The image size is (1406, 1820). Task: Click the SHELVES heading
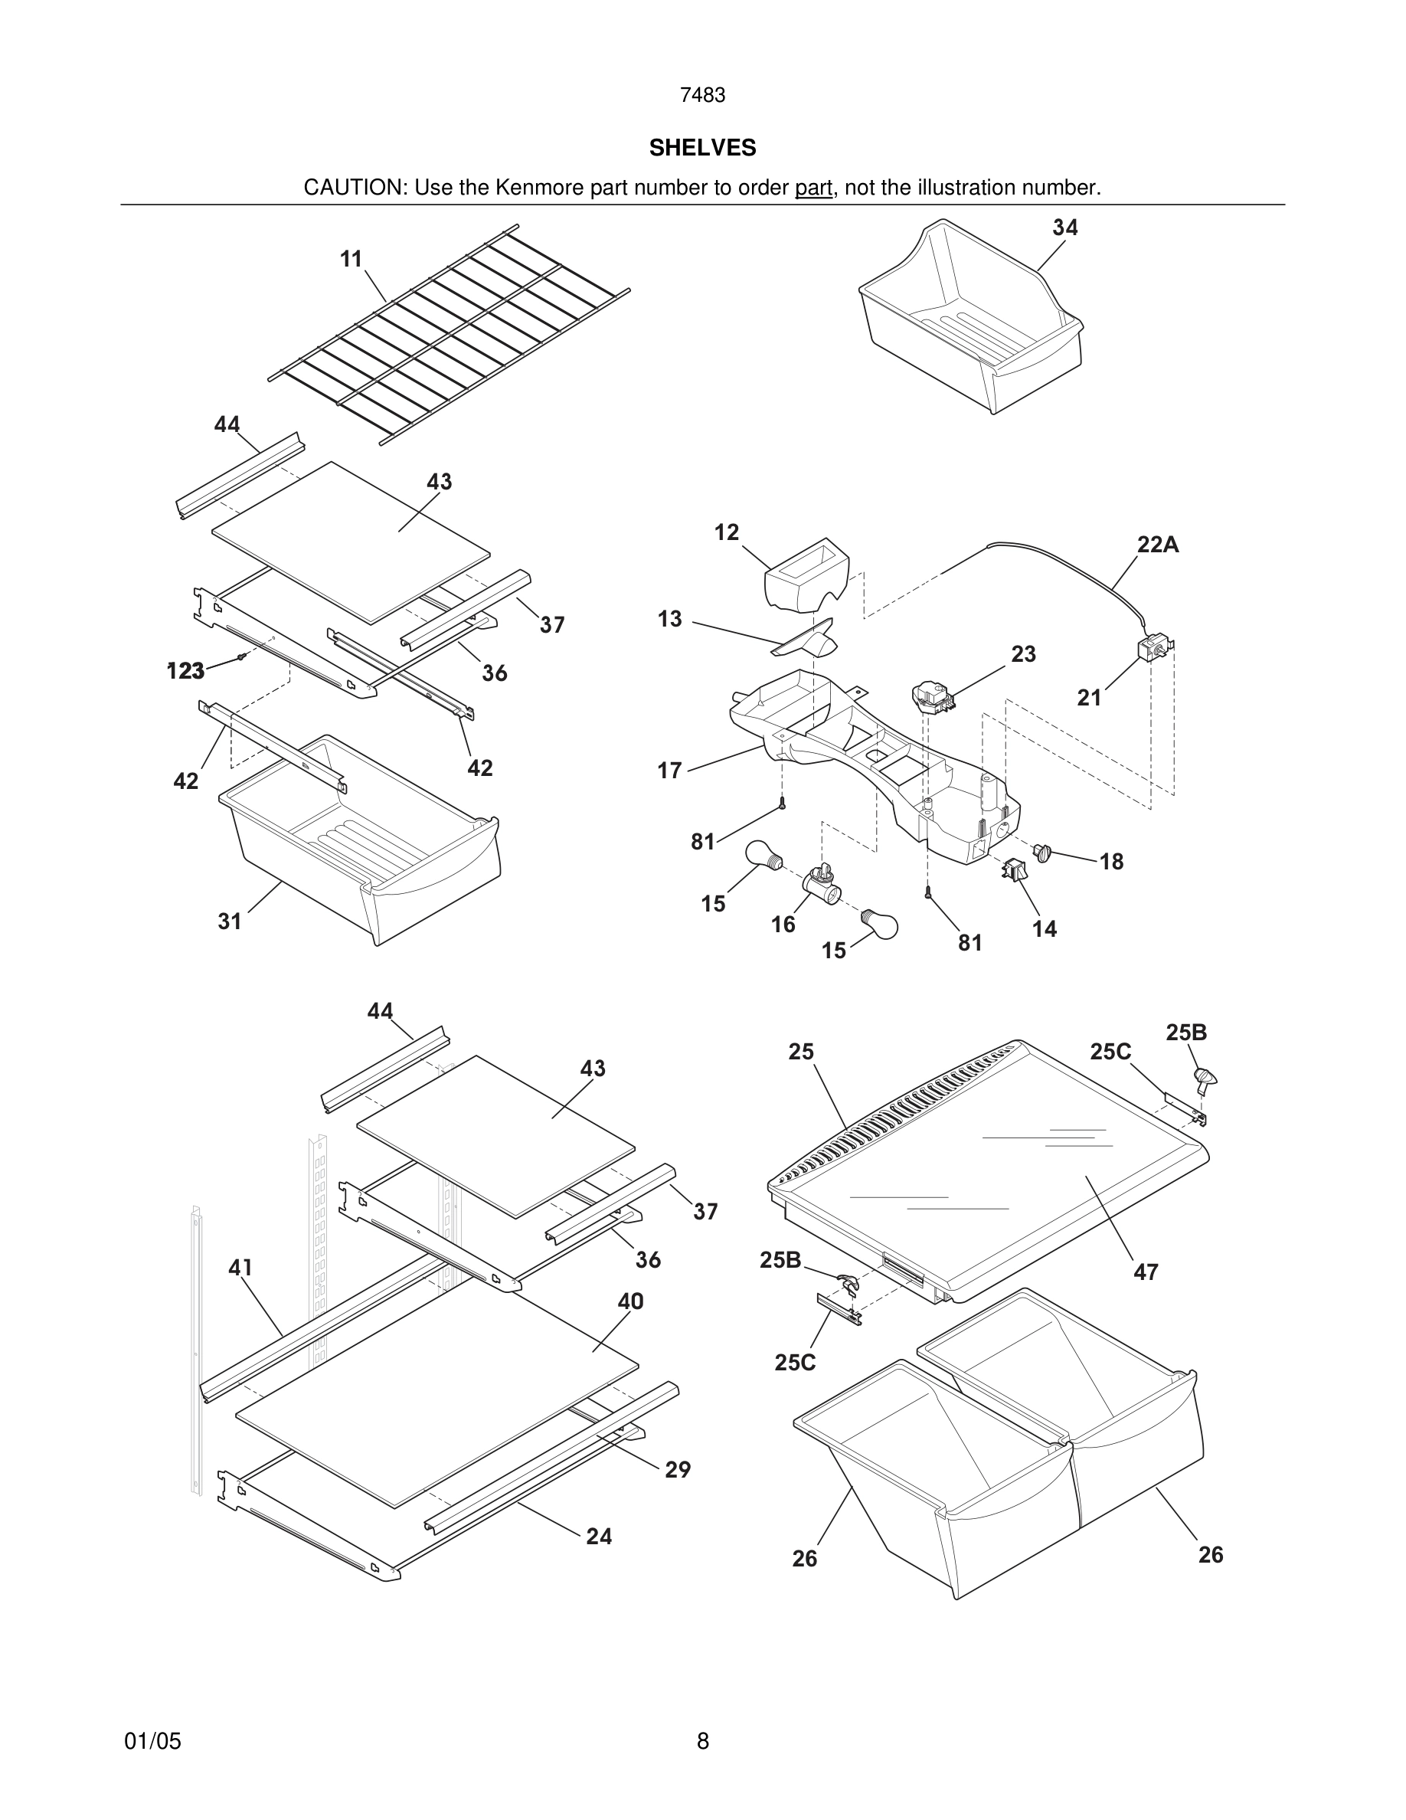tap(702, 148)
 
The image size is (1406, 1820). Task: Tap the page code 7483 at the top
tap(702, 96)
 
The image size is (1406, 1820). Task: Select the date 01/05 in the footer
tap(152, 1741)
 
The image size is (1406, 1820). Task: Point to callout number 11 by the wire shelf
tap(351, 259)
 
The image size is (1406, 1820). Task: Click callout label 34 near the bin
tap(1064, 227)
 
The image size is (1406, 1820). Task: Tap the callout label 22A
tap(1158, 545)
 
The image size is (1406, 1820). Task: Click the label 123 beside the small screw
tap(186, 671)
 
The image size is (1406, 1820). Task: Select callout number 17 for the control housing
tap(669, 770)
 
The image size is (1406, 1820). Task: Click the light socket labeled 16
tap(820, 882)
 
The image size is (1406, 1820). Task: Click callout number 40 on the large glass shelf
tap(630, 1301)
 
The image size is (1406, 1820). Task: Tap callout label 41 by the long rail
tap(240, 1268)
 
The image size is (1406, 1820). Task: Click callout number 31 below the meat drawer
tap(229, 921)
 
